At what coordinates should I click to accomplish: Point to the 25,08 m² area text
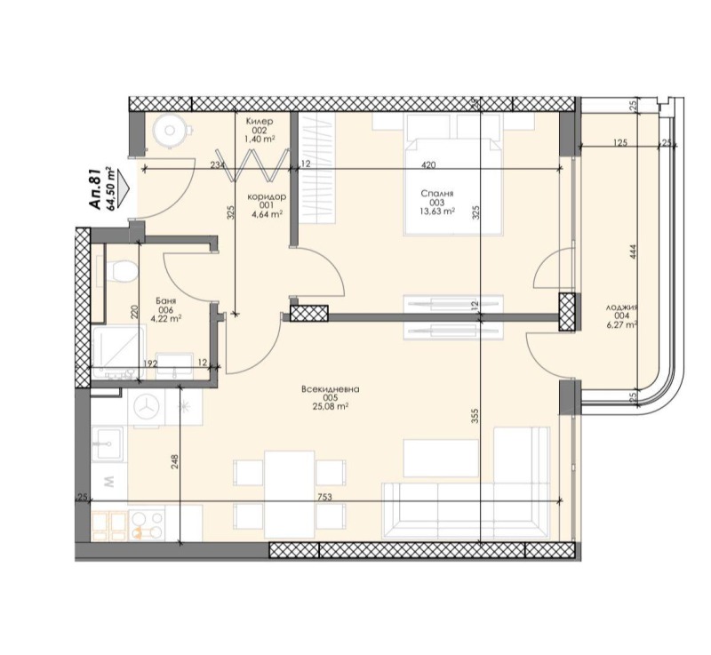tap(330, 407)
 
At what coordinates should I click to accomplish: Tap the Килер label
tap(260, 120)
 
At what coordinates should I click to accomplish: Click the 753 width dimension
tap(324, 497)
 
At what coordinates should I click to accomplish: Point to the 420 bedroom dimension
tap(428, 164)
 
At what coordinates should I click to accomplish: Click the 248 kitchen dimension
tap(176, 462)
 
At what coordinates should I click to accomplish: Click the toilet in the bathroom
tap(122, 270)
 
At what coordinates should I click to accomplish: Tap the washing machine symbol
tap(146, 407)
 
